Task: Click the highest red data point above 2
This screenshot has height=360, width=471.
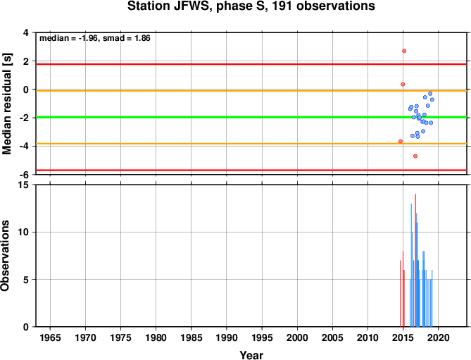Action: (404, 51)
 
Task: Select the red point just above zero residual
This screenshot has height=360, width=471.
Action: (403, 85)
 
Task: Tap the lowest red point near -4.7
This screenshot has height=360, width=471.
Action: (415, 156)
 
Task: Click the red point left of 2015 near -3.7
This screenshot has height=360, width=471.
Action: (401, 141)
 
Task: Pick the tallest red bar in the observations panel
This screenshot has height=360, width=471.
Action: (415, 260)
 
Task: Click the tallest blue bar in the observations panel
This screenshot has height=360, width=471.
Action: (411, 265)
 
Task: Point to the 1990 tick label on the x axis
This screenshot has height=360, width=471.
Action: (227, 337)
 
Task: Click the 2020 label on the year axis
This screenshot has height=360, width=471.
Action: (438, 337)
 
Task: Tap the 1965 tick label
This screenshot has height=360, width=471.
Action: (50, 337)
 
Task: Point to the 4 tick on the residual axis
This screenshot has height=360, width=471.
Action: (26, 32)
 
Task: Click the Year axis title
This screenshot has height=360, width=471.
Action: (251, 355)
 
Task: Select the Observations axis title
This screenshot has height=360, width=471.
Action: (5, 256)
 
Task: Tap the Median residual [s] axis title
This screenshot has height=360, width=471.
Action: (6, 104)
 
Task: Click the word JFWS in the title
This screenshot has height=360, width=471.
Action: (191, 6)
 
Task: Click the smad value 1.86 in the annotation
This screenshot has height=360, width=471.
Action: (142, 38)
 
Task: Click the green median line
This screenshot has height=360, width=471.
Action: (251, 117)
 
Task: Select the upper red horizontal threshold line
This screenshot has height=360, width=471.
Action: (251, 64)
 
